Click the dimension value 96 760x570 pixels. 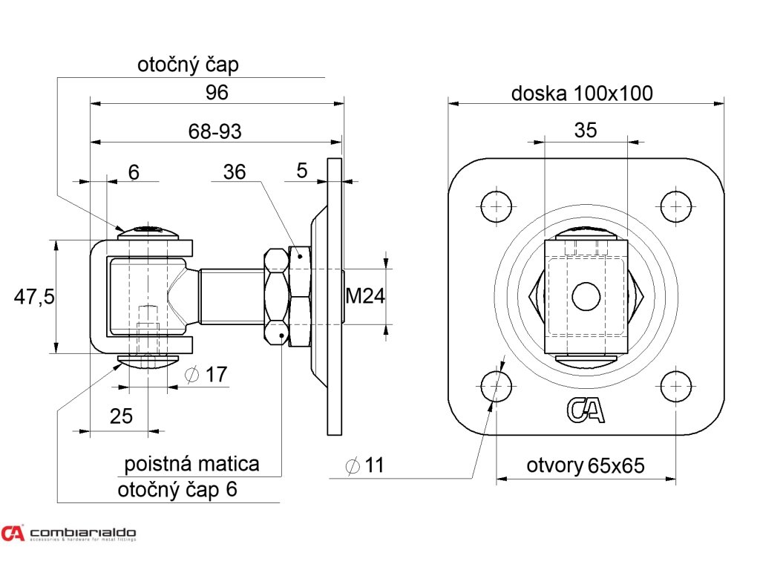coord(217,93)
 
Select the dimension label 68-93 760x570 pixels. coord(215,131)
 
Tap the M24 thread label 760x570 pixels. coord(366,297)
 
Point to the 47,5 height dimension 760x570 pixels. coord(34,297)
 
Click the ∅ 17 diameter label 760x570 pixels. coord(205,375)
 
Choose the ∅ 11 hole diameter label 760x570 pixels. coord(365,465)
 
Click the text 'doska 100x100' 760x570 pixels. coord(582,94)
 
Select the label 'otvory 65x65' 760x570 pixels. coord(586,466)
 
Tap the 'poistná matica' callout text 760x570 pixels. coord(191,465)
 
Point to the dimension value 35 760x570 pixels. coord(586,130)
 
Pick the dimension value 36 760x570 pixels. coord(235,171)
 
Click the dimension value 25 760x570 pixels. coord(121,416)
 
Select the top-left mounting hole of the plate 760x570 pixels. coord(497,206)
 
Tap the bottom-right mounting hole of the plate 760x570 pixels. coord(675,386)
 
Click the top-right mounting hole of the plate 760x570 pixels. coord(675,206)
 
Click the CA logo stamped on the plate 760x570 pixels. coord(586,410)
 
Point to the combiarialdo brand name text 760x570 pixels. coord(83,532)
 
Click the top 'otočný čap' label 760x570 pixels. coord(188,65)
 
